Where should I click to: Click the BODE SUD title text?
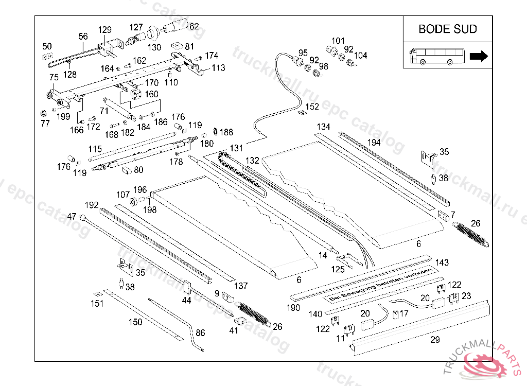tap(447, 29)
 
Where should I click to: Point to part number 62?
tap(194, 26)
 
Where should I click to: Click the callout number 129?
tap(104, 29)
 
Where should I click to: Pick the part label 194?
tap(374, 142)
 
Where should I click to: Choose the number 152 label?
tap(312, 107)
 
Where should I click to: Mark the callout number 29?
tap(435, 340)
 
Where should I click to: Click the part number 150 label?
tap(135, 322)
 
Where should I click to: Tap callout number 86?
tap(200, 333)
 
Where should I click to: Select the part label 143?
tap(442, 262)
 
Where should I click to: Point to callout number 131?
tap(236, 148)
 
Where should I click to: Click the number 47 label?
tap(72, 217)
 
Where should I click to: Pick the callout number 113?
tap(218, 67)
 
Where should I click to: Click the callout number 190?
tap(293, 308)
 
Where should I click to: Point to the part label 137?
tap(241, 286)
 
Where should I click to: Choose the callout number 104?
tap(361, 55)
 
